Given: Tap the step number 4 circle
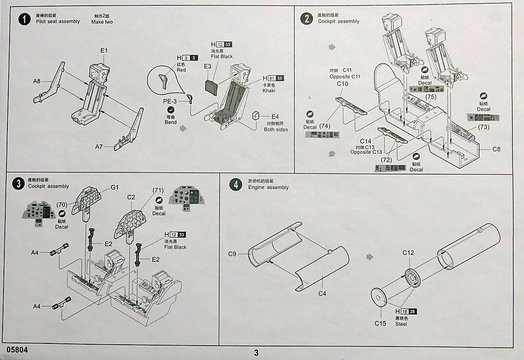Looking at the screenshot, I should [236, 185].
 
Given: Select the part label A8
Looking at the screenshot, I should [37, 81].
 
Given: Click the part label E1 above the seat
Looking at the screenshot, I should [104, 51].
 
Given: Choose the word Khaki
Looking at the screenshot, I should [269, 90].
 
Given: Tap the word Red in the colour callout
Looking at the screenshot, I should [181, 70].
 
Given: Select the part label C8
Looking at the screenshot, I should [496, 149].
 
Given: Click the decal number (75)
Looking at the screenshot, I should [431, 96].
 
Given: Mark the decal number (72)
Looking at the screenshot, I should [386, 160].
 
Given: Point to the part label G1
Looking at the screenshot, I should [114, 188].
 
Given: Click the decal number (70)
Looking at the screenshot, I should [62, 204].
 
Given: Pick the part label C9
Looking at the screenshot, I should [232, 254].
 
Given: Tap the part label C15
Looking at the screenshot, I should [380, 323].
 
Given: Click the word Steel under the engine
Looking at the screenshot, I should [401, 324].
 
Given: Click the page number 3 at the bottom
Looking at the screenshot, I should [256, 353].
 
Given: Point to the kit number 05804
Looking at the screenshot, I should [17, 350].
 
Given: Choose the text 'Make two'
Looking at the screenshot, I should [102, 22].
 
